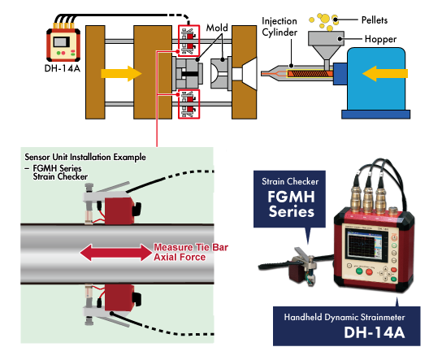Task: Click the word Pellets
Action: [x=375, y=20]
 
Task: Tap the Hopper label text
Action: [x=380, y=39]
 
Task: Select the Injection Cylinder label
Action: [x=279, y=27]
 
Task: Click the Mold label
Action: [x=217, y=28]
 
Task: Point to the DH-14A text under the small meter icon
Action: [x=63, y=68]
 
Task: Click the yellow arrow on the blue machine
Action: [x=385, y=73]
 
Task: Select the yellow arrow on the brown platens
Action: [x=121, y=74]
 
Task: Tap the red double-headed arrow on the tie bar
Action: [x=116, y=252]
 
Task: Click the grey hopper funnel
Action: [x=326, y=46]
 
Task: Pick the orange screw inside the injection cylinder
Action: [x=310, y=74]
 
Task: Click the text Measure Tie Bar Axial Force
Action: [x=191, y=252]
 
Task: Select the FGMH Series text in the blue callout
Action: [x=291, y=204]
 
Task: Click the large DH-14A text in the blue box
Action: [x=375, y=332]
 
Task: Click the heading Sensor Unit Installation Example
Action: [x=85, y=157]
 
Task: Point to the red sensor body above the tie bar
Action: [x=119, y=210]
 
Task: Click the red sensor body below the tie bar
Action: [x=119, y=297]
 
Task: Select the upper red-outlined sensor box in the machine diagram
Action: [x=188, y=41]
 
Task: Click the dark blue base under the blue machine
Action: [x=375, y=114]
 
